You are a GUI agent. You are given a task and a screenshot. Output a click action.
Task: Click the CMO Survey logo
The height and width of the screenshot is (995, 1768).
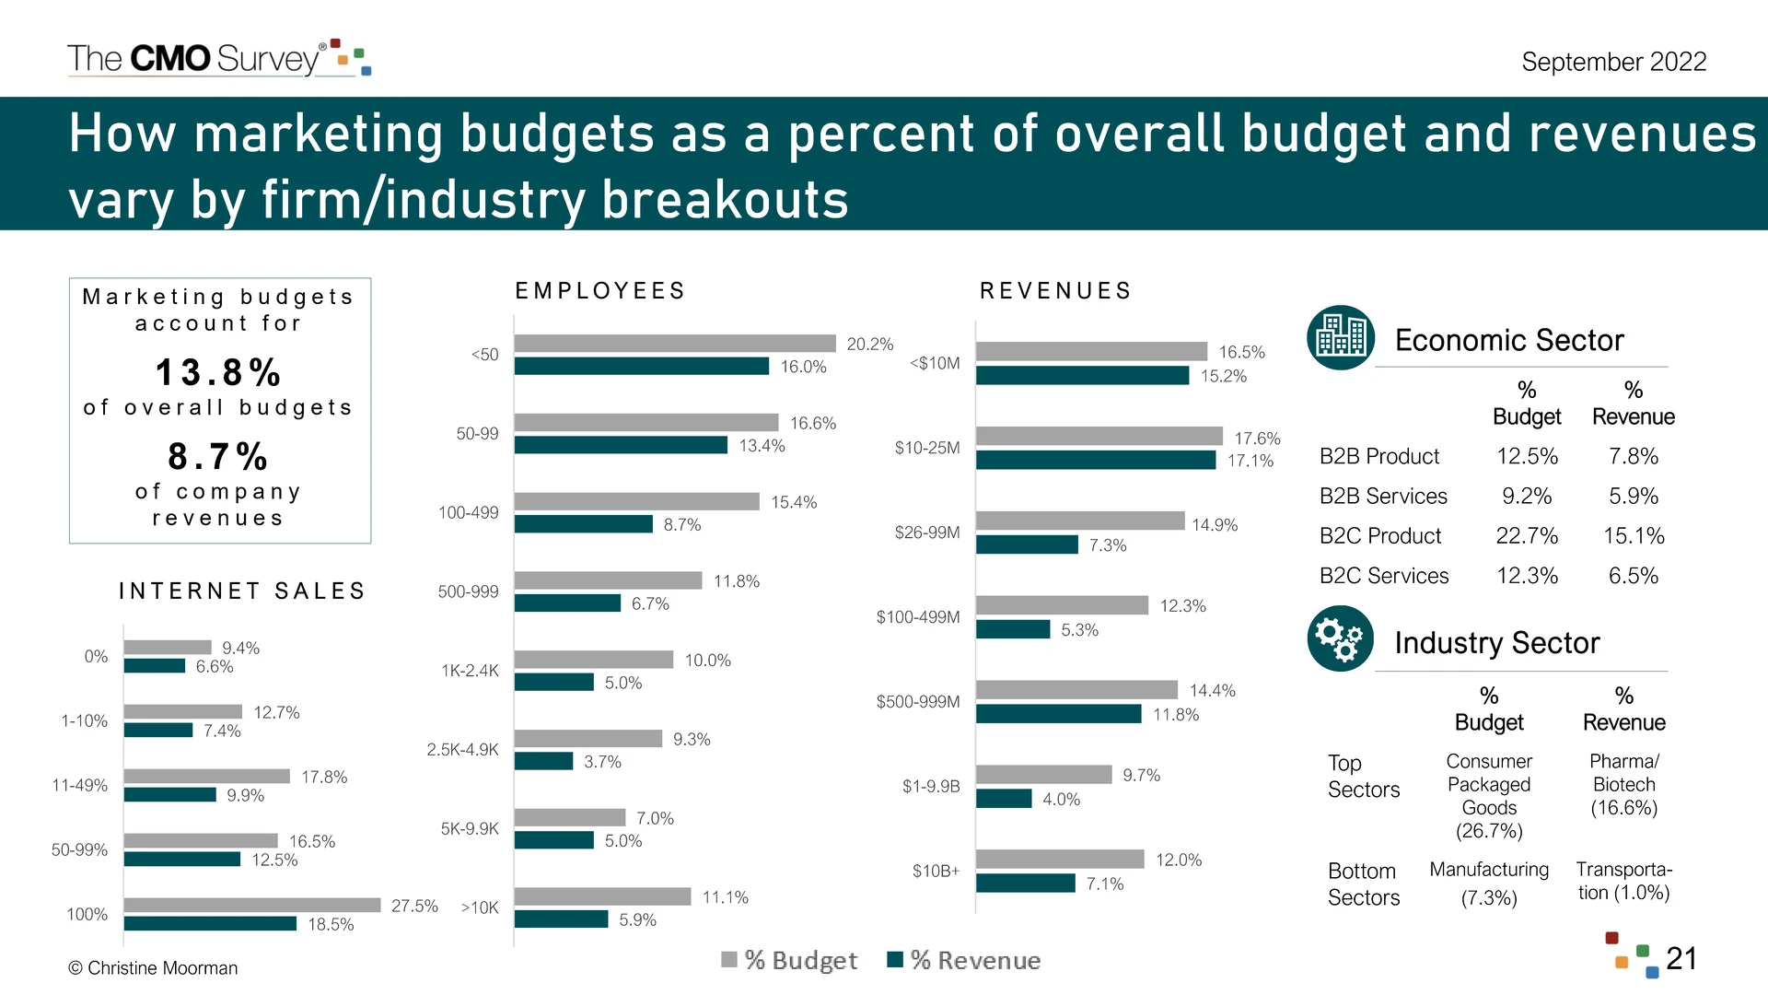218,58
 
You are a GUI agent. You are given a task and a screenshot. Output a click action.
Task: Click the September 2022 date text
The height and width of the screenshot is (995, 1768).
1613,62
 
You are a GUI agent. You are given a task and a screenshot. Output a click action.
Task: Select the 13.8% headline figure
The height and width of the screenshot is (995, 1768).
218,373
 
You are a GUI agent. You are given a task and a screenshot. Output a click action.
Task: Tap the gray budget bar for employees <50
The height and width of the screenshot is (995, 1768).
674,344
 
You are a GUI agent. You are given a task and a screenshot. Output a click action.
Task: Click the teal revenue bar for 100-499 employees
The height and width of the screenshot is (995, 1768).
583,524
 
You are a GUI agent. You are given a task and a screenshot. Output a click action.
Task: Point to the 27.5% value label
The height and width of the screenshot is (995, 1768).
414,906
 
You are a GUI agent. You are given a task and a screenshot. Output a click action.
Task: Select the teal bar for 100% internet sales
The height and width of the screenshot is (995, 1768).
210,923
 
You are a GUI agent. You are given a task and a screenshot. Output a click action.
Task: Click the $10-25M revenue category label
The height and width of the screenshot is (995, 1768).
926,448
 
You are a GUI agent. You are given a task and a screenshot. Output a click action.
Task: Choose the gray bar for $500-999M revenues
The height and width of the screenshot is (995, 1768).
1076,690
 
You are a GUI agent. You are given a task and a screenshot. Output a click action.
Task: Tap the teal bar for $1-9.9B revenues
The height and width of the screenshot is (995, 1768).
1004,799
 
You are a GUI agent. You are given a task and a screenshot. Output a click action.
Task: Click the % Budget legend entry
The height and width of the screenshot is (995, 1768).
790,960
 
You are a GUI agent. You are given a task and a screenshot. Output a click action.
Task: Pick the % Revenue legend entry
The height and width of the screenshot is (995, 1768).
964,960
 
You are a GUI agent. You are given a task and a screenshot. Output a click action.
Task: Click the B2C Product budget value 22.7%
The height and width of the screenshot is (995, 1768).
1527,536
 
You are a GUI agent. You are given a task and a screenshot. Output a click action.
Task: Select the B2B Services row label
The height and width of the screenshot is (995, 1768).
1383,497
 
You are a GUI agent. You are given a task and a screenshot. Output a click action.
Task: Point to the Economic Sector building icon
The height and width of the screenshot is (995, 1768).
1341,337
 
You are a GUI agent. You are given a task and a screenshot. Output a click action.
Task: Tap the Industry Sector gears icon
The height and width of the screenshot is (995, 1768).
1341,638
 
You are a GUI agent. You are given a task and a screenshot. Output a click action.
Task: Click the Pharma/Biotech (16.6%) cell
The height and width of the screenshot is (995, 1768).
1623,785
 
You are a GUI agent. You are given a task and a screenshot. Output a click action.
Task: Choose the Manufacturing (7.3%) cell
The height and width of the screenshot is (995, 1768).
1489,883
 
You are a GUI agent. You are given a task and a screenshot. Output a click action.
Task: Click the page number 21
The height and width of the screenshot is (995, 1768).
1681,958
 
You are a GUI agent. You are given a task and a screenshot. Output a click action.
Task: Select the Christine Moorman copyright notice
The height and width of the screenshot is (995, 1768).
153,968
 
